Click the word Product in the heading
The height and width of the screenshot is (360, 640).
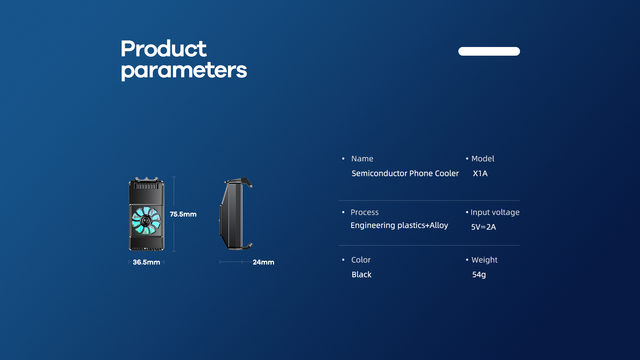163,49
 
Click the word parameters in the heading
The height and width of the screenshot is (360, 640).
184,70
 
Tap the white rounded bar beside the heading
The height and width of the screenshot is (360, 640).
489,51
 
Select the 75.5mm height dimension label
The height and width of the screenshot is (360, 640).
183,214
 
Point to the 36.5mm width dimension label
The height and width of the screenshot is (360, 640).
146,262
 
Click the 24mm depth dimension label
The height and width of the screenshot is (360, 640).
263,262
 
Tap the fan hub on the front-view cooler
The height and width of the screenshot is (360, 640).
146,220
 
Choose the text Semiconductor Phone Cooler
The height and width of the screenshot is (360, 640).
405,173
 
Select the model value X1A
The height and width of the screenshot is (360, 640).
480,173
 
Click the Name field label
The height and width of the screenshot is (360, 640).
362,159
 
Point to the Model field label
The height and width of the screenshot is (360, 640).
483,159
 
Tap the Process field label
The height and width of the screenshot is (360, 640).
364,212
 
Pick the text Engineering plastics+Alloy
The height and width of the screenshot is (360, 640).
399,226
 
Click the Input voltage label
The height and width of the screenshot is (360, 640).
495,212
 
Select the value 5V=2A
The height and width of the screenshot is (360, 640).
483,227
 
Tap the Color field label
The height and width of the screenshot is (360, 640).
361,260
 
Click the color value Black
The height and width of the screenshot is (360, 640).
361,275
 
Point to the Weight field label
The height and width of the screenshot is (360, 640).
484,260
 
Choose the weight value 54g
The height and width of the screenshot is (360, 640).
479,275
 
